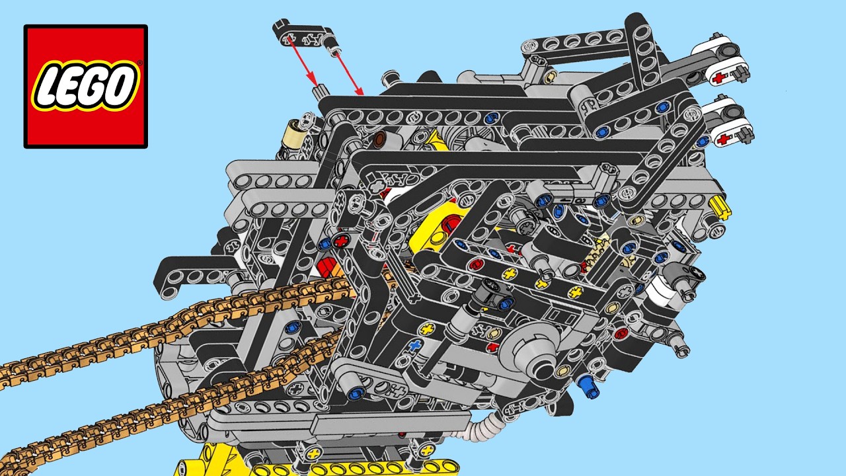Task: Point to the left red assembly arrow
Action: click(x=302, y=62)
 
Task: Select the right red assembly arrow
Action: click(x=350, y=74)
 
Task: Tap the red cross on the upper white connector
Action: click(x=720, y=77)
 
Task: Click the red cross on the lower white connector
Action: click(x=724, y=139)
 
